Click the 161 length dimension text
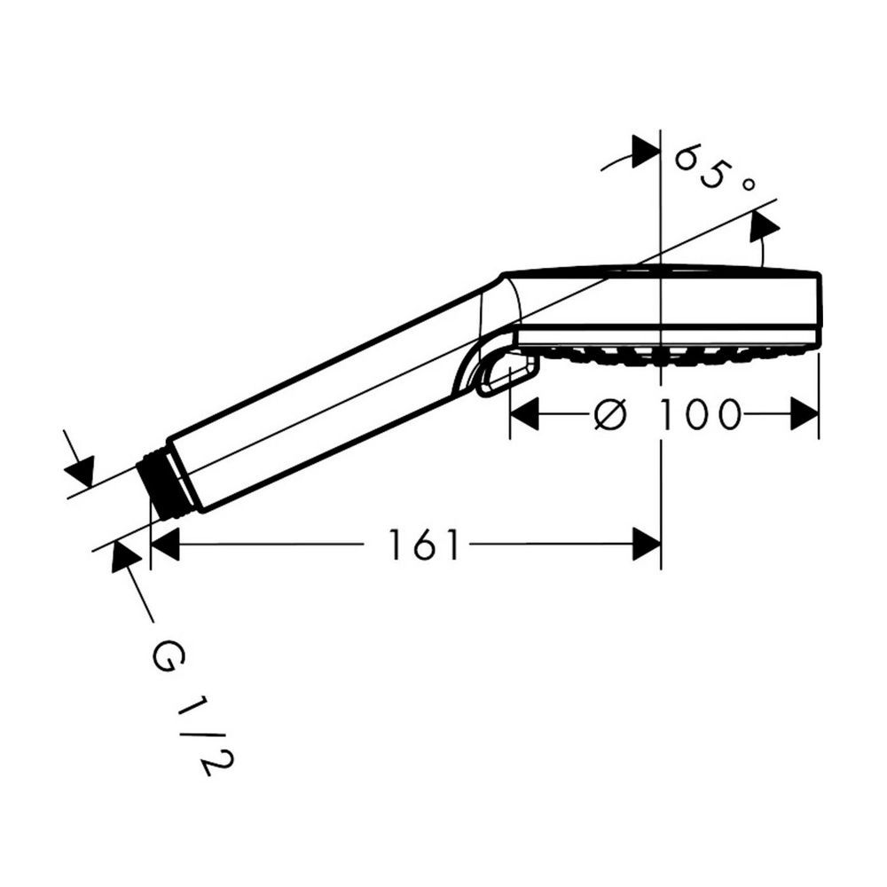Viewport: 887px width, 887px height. pos(424,545)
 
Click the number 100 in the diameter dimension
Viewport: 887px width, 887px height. pos(701,414)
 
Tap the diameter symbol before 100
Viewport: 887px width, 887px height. pos(611,414)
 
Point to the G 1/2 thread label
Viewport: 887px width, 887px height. pos(193,706)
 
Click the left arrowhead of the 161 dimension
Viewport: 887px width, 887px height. pos(165,545)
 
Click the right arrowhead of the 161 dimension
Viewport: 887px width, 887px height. pos(647,545)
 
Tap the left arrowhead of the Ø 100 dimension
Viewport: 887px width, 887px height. pos(524,413)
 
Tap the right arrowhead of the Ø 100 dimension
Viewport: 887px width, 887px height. pos(805,413)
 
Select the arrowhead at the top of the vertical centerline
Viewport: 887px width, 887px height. pos(647,152)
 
